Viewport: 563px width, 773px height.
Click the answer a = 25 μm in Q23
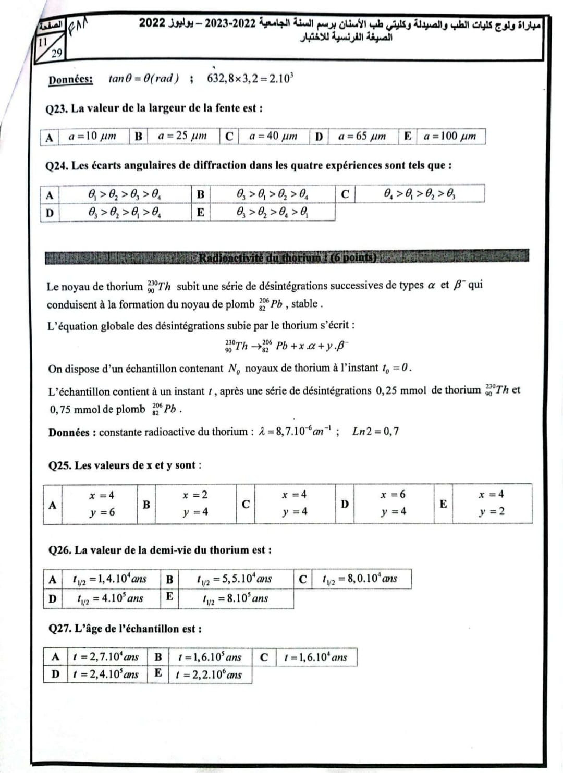[x=182, y=136]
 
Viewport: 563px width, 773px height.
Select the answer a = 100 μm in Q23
[x=449, y=136]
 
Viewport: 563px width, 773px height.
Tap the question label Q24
[x=57, y=166]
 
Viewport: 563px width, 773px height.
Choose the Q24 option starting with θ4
[x=420, y=193]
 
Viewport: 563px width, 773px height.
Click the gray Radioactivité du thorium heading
[x=287, y=257]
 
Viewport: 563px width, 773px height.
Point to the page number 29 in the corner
[x=57, y=52]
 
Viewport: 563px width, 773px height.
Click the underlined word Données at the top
[x=70, y=79]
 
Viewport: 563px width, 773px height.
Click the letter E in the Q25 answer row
[x=443, y=503]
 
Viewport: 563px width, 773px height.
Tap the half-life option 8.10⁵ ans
[x=235, y=598]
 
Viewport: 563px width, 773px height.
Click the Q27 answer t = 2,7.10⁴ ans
[x=106, y=657]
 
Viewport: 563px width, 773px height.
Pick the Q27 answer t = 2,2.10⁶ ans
[x=209, y=674]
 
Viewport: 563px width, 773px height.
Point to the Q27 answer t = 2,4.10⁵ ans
[x=106, y=674]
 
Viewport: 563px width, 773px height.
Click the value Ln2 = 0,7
[x=375, y=431]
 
